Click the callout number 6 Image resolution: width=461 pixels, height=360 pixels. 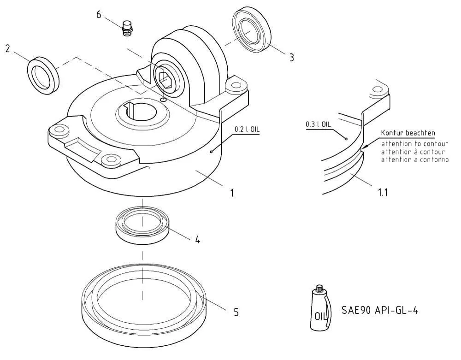click(x=99, y=14)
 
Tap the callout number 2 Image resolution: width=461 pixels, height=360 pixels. click(x=8, y=48)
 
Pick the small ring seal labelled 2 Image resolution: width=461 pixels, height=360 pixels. click(x=43, y=76)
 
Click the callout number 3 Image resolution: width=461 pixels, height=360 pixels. click(x=291, y=57)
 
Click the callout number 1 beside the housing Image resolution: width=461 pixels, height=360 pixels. click(x=232, y=193)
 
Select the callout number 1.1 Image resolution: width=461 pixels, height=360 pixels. click(x=383, y=193)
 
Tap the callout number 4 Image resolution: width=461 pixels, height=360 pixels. click(x=198, y=240)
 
